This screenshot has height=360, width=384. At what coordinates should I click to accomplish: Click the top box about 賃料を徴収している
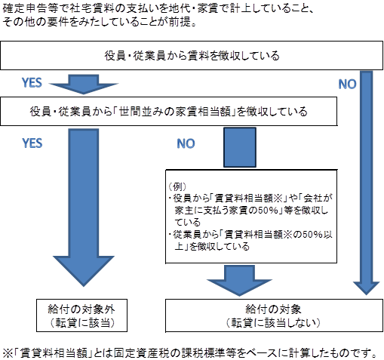pyautogui.click(x=192, y=55)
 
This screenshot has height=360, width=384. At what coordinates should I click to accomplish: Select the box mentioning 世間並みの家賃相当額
pyautogui.click(x=168, y=111)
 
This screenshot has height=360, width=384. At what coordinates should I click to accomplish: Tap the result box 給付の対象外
pyautogui.click(x=81, y=315)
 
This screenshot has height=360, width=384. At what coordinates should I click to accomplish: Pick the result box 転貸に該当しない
pyautogui.click(x=274, y=315)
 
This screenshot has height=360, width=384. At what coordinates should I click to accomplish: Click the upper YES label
pyautogui.click(x=32, y=83)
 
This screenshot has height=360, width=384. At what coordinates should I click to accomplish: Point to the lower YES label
pyautogui.click(x=32, y=143)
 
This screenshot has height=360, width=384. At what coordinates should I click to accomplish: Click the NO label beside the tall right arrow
pyautogui.click(x=347, y=85)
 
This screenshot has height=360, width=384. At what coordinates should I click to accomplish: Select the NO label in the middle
pyautogui.click(x=186, y=143)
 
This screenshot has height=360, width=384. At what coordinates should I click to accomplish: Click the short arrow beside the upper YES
pyautogui.click(x=84, y=85)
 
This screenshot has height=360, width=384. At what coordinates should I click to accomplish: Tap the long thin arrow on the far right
pyautogui.click(x=366, y=183)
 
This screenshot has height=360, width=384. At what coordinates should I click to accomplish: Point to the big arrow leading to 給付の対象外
pyautogui.click(x=84, y=208)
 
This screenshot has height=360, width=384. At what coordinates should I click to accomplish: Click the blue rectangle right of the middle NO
pyautogui.click(x=240, y=147)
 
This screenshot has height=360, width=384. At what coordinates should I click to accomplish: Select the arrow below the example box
pyautogui.click(x=239, y=281)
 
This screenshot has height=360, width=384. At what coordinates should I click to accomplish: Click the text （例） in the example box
pyautogui.click(x=177, y=186)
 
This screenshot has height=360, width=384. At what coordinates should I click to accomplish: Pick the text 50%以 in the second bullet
pyautogui.click(x=318, y=235)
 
